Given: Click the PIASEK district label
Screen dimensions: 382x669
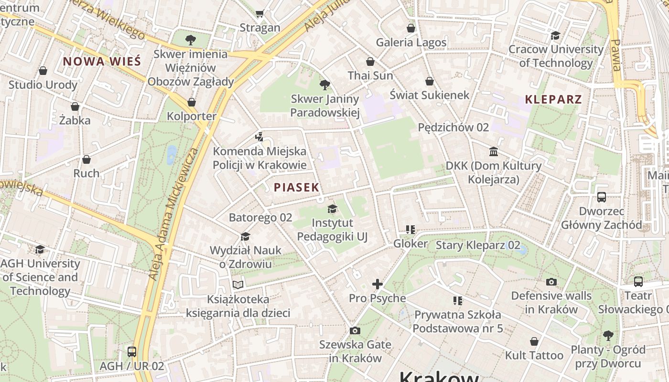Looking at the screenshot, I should [x=296, y=187].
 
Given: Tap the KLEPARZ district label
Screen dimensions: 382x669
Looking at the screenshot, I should [x=553, y=99].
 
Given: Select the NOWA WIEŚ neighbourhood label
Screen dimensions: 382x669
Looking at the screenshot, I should [x=102, y=61].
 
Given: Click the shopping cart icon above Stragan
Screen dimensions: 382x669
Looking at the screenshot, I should [x=259, y=14].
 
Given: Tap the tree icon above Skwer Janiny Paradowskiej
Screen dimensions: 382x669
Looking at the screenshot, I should [x=325, y=85].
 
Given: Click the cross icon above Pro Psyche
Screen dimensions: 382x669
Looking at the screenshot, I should [x=378, y=285].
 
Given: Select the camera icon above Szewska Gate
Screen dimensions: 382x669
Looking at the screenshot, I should [x=355, y=330].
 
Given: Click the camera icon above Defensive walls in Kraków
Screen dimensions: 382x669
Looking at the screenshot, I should [x=551, y=282].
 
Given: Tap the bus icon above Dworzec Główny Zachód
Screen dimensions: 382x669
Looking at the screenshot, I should [x=601, y=197].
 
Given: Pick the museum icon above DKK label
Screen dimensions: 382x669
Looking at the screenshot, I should [x=493, y=152].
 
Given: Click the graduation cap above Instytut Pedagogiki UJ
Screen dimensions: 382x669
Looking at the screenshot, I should [x=332, y=209].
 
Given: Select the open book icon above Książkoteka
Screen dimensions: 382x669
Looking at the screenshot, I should [x=237, y=285].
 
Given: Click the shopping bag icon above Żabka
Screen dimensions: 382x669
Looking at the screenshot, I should [x=75, y=106].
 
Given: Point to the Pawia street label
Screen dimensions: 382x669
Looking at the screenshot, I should [x=616, y=55].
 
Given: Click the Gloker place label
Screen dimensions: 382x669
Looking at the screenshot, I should [x=410, y=244].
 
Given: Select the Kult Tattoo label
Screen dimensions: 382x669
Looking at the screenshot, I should [x=534, y=355].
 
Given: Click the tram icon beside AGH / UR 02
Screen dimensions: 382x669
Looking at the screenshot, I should [x=131, y=352].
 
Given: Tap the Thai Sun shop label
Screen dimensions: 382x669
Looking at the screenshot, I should [x=370, y=75].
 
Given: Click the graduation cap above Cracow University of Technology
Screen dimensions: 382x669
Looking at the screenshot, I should [x=555, y=35].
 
